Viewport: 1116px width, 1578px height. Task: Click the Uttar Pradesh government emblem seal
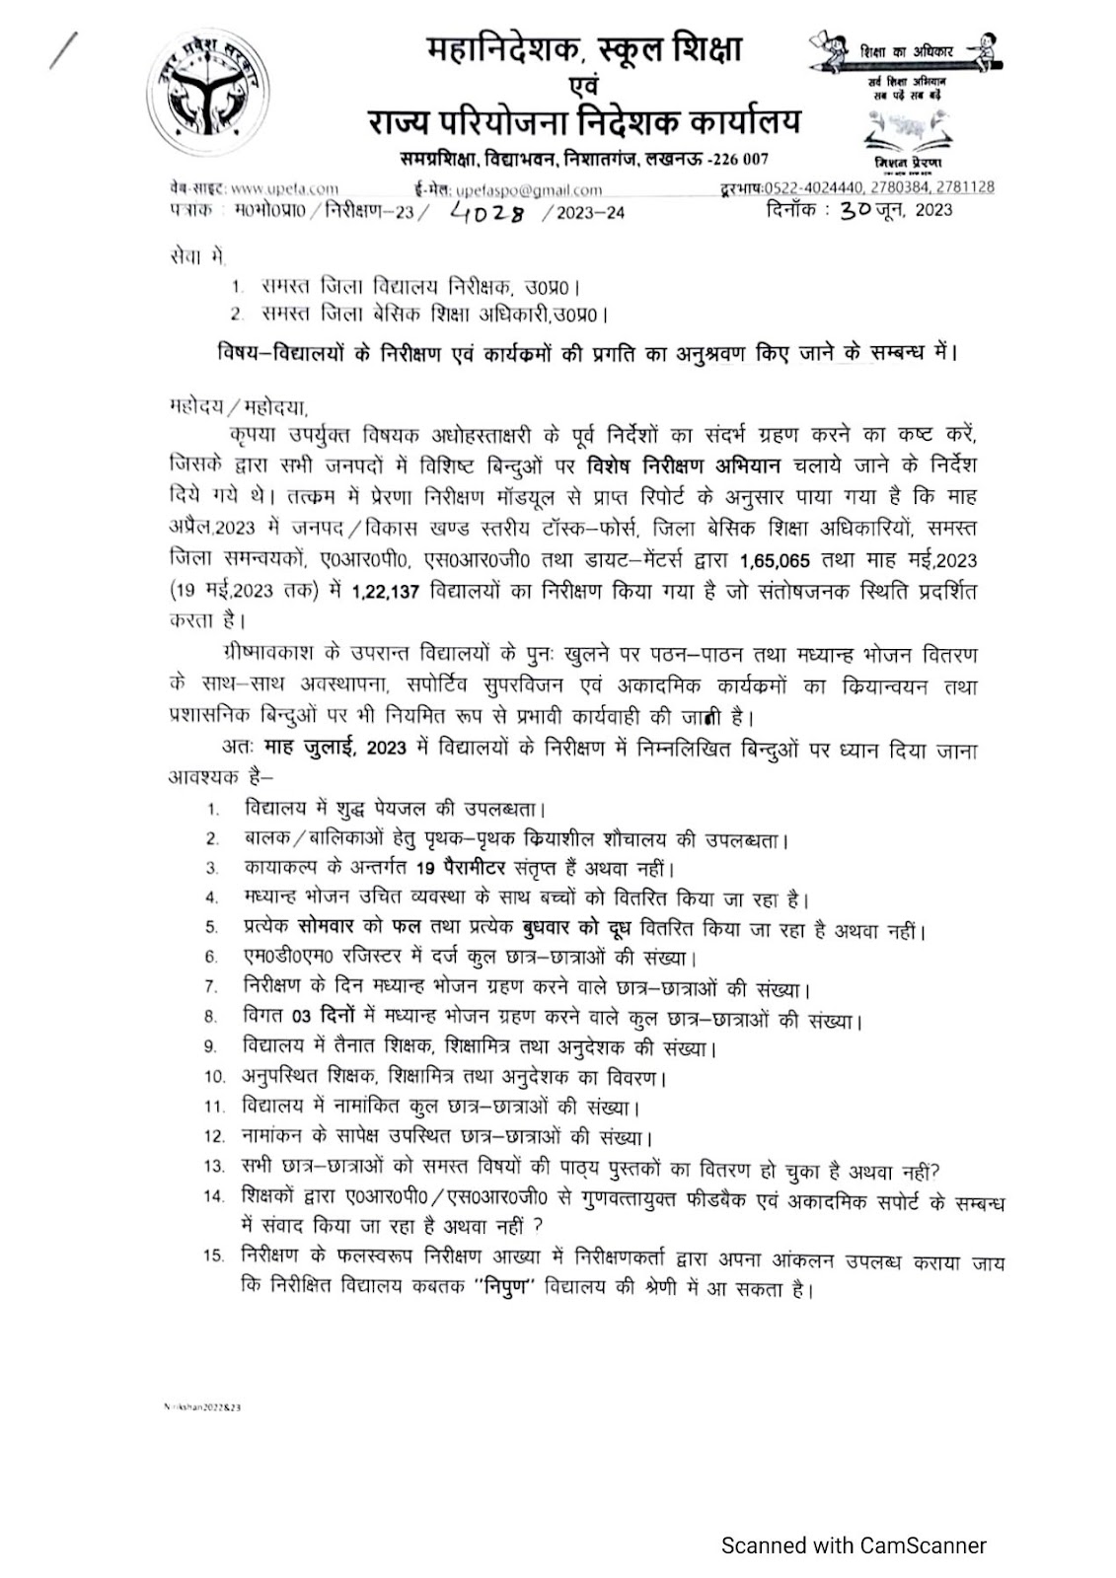click(209, 96)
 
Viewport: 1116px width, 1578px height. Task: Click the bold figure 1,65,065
click(775, 561)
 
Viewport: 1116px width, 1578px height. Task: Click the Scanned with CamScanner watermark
click(854, 1545)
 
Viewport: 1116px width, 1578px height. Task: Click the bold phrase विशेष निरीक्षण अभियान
click(683, 466)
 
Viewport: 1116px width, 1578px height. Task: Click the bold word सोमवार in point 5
click(334, 929)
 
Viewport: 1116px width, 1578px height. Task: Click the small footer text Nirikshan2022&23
click(202, 1406)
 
